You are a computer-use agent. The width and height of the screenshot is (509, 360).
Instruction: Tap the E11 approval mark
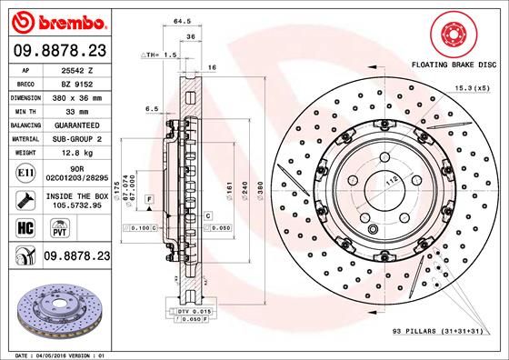[x=25, y=172]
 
